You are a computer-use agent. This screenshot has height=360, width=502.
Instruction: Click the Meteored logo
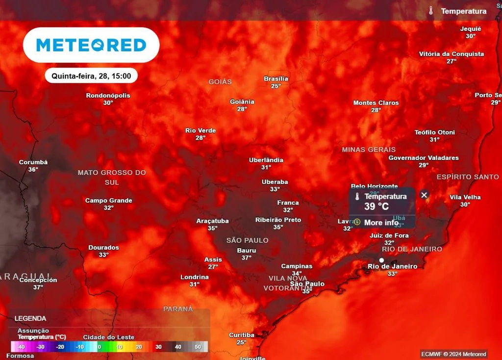click(x=91, y=45)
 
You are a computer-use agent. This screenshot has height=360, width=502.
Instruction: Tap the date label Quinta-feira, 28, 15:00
click(x=91, y=76)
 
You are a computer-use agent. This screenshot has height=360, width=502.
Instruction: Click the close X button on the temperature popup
click(x=425, y=195)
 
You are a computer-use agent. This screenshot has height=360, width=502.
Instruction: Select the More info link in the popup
click(x=381, y=223)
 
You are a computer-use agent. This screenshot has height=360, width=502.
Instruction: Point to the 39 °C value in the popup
click(x=376, y=206)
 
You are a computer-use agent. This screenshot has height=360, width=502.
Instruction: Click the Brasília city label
click(x=276, y=78)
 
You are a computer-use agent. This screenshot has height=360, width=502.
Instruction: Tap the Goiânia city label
click(x=242, y=102)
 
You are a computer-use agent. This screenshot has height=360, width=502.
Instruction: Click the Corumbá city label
click(x=33, y=162)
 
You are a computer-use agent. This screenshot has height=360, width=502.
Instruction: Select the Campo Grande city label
click(x=108, y=201)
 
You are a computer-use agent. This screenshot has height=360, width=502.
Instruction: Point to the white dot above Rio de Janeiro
click(x=381, y=260)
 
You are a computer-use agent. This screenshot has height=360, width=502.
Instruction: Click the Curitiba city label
click(x=242, y=335)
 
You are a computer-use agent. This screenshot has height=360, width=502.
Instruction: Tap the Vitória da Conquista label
click(x=452, y=54)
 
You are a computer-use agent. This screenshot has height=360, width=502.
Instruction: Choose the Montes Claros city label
click(x=376, y=103)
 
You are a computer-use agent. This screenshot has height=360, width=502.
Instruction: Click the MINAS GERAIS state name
click(x=369, y=150)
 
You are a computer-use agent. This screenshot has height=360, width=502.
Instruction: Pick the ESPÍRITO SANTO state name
click(x=468, y=177)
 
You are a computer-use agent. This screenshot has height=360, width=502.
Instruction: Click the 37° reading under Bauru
click(x=246, y=257)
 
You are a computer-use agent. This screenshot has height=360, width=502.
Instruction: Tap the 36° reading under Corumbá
click(x=33, y=170)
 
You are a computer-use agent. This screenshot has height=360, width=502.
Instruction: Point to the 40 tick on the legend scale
click(x=178, y=347)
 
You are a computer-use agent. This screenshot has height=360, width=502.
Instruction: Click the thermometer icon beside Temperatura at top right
click(x=431, y=11)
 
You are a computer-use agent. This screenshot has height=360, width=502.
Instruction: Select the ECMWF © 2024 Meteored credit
click(x=453, y=354)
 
